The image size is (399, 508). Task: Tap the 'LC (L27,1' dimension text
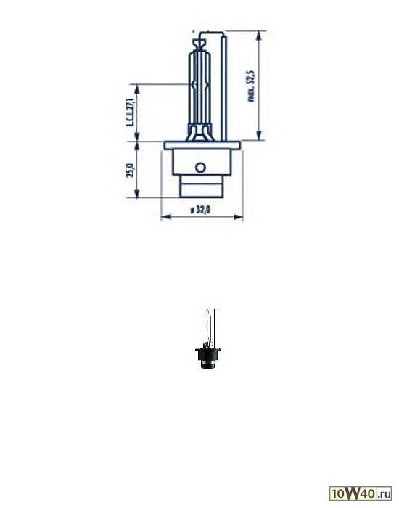pyautogui.click(x=131, y=112)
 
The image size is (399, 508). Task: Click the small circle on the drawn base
pyautogui.click(x=201, y=167)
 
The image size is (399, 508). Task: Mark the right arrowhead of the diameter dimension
pyautogui.click(x=241, y=216)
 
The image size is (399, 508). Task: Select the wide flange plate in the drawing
pyautogui.click(x=202, y=146)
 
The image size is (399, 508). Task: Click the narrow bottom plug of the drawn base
pyautogui.click(x=200, y=188)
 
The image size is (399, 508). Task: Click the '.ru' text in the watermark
pyautogui.click(x=384, y=494)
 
